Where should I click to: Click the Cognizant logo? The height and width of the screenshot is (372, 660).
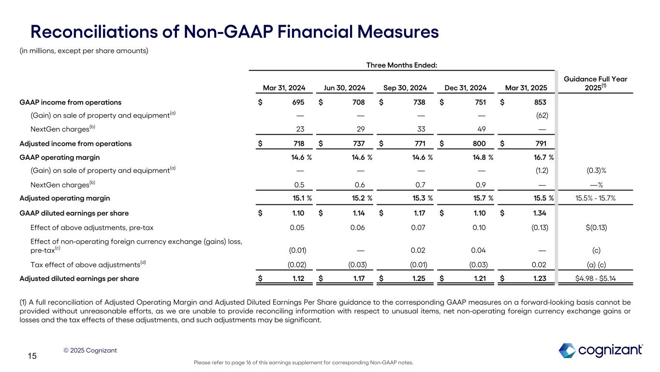601,350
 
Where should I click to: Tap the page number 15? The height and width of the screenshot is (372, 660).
32,356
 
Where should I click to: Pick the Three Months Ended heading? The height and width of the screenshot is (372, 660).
402,65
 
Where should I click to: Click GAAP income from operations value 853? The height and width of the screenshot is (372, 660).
541,102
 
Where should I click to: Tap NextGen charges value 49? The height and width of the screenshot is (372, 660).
481,129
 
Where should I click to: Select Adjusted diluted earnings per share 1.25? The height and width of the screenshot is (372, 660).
419,279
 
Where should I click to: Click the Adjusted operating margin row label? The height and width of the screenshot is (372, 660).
64,198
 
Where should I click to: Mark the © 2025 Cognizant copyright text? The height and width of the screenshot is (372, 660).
90,350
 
